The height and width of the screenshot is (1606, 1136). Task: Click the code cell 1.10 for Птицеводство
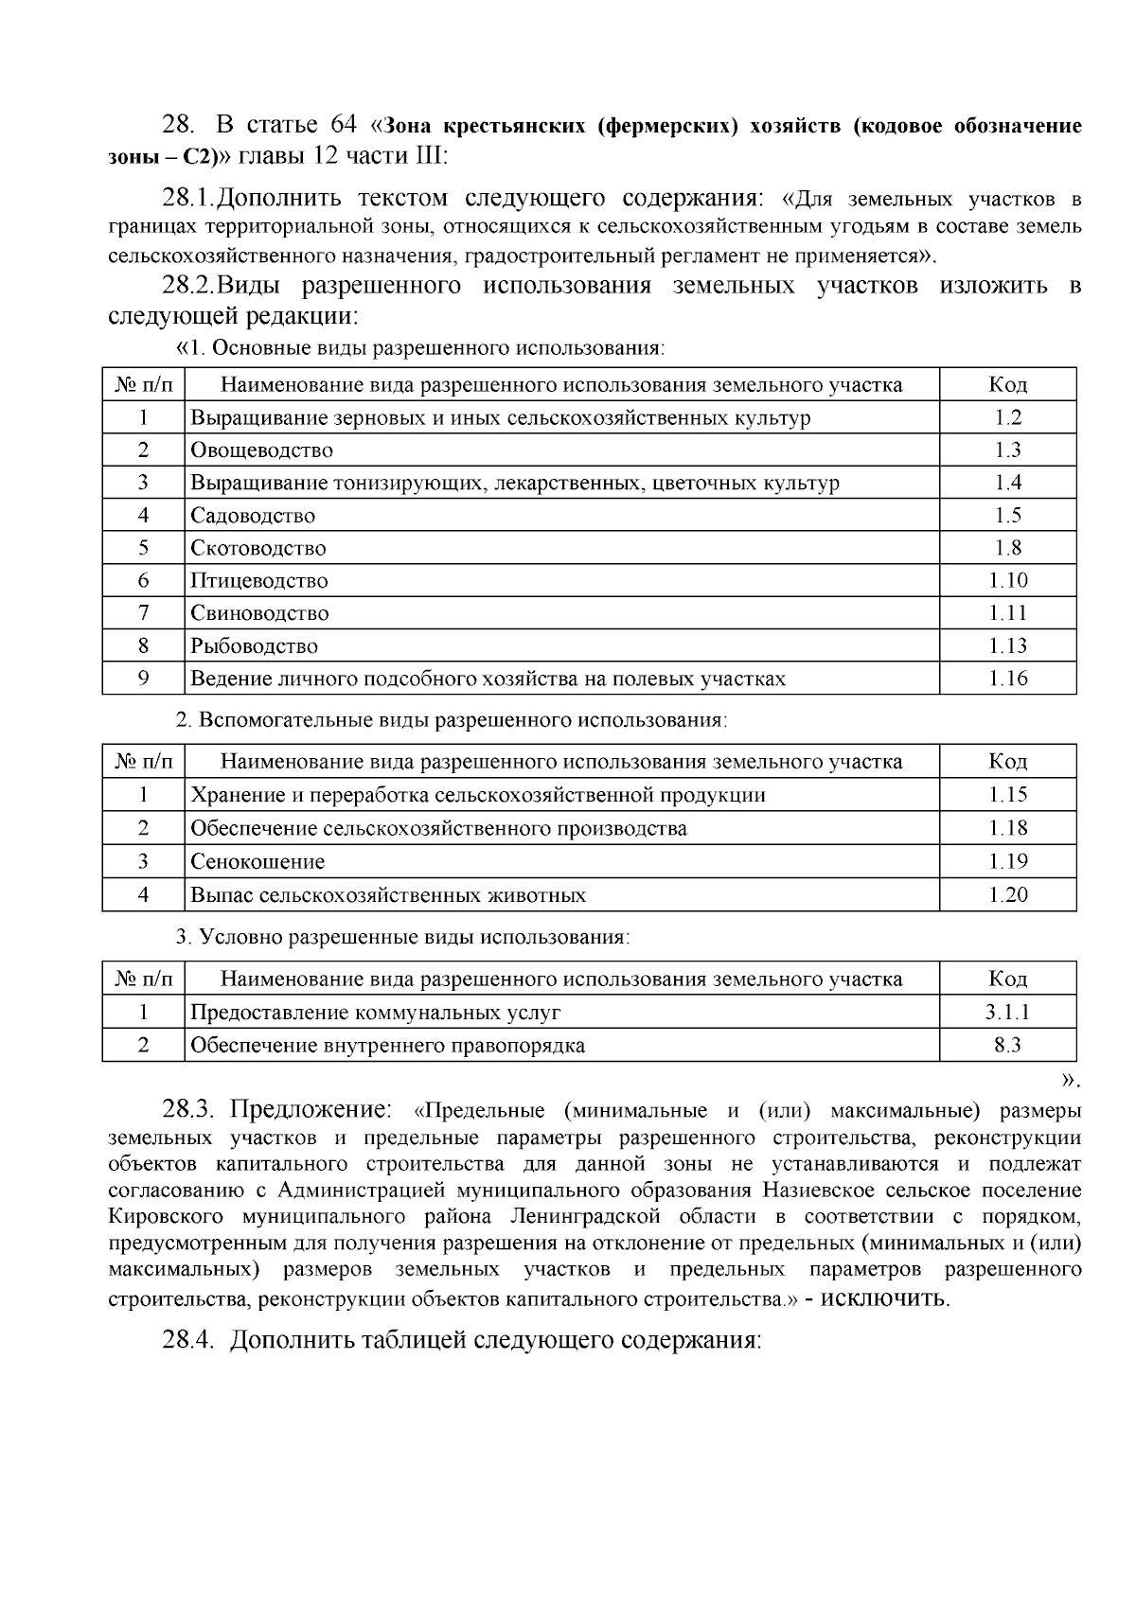(x=1007, y=581)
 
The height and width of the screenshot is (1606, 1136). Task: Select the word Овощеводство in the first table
(x=262, y=451)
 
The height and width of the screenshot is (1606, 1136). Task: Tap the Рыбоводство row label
(x=255, y=647)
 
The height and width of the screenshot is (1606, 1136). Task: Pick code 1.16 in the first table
(x=1007, y=679)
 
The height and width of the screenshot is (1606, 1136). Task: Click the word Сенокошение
(x=257, y=862)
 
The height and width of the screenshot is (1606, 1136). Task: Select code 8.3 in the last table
(x=1007, y=1046)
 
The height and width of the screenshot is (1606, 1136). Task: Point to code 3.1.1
(x=1007, y=1013)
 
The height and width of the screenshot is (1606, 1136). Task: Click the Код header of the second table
(x=1007, y=762)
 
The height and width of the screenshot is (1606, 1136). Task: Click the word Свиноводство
(x=259, y=614)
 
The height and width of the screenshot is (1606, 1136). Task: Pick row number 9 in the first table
(x=143, y=679)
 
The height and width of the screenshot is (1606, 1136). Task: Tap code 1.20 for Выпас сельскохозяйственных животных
(x=1007, y=895)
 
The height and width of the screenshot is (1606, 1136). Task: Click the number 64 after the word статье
(x=344, y=126)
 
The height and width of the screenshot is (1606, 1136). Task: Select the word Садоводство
(x=253, y=517)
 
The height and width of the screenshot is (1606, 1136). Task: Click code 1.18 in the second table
(x=1007, y=829)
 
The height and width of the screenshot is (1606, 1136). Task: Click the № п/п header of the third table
(x=143, y=979)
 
